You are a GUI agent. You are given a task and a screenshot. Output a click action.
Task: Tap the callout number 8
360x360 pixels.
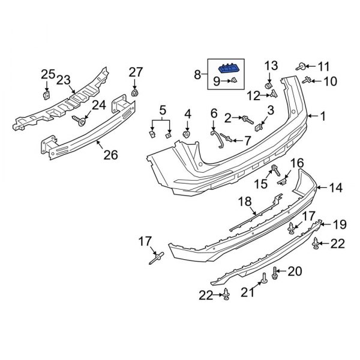[197, 74]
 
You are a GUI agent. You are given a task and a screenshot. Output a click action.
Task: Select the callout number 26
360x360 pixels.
[110, 155]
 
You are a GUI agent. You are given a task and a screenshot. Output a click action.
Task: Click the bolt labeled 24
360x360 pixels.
[80, 121]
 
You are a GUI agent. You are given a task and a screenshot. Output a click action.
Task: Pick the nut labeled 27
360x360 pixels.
[135, 93]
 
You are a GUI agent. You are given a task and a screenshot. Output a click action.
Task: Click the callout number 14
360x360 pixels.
[336, 188]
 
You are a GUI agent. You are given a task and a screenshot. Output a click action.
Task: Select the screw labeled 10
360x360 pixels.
[309, 79]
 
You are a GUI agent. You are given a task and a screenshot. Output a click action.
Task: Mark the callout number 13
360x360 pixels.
[271, 65]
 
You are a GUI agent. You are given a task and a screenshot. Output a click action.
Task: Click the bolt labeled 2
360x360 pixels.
[248, 118]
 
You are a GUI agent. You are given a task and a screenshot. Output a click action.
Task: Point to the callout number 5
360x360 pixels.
[161, 110]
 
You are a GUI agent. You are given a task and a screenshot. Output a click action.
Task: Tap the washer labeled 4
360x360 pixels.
[187, 133]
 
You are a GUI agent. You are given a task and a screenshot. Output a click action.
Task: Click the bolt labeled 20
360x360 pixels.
[275, 273]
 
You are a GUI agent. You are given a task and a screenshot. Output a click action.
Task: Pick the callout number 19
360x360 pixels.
[340, 225]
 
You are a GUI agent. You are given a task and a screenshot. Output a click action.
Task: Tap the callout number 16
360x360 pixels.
[298, 163]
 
